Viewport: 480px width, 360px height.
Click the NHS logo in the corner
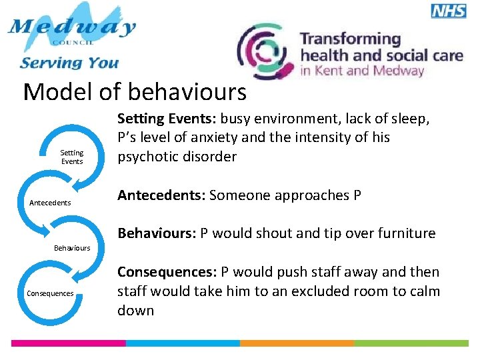click(448, 11)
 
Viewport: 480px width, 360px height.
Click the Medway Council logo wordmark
click(72, 29)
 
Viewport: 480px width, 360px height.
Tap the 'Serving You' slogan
click(69, 63)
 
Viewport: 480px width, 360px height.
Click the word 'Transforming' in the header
click(350, 39)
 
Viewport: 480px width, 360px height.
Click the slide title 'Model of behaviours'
click(135, 92)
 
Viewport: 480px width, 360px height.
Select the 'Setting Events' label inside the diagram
click(72, 157)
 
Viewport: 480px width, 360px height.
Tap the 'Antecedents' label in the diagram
click(50, 203)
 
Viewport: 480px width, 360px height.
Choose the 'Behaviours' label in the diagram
click(71, 248)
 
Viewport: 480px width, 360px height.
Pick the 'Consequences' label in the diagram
click(50, 293)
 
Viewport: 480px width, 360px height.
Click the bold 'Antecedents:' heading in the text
click(161, 195)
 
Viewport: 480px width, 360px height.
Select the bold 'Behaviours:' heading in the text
click(157, 233)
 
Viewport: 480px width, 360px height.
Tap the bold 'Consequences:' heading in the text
click(167, 272)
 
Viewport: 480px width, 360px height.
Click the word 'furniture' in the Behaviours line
click(407, 233)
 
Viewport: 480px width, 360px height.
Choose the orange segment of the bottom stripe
click(297, 343)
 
